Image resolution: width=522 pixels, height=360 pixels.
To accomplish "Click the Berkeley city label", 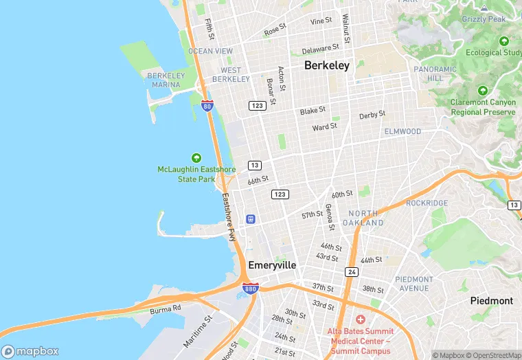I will pyautogui.click(x=327, y=66).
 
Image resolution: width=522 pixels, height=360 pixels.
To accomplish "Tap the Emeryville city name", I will pyautogui.click(x=272, y=265).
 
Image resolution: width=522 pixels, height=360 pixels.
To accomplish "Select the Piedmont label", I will pyautogui.click(x=491, y=301).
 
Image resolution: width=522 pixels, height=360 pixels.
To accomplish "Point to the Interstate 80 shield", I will pyautogui.click(x=207, y=106).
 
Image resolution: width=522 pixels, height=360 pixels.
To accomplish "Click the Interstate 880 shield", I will pyautogui.click(x=251, y=289).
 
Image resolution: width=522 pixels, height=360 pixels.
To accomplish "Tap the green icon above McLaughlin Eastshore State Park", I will pyautogui.click(x=196, y=158).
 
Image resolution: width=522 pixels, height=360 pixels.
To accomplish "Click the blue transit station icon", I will pyautogui.click(x=251, y=219).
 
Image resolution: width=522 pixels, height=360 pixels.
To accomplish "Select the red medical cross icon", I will pyautogui.click(x=360, y=319).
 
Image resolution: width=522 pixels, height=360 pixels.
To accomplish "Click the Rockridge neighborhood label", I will pyautogui.click(x=427, y=203).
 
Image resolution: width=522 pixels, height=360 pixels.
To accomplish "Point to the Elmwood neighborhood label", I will pyautogui.click(x=402, y=131).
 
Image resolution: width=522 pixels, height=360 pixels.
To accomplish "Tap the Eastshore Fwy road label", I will pyautogui.click(x=229, y=216).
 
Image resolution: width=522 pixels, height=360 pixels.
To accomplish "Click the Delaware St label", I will pyautogui.click(x=321, y=49).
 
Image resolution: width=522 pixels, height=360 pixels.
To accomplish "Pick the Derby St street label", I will pyautogui.click(x=372, y=115).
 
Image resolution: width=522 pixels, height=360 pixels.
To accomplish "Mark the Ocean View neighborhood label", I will pyautogui.click(x=210, y=51).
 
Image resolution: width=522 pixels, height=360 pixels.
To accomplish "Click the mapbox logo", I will pyautogui.click(x=31, y=351).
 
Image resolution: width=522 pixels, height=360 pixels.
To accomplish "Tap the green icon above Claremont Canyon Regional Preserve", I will pyautogui.click(x=483, y=91).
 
